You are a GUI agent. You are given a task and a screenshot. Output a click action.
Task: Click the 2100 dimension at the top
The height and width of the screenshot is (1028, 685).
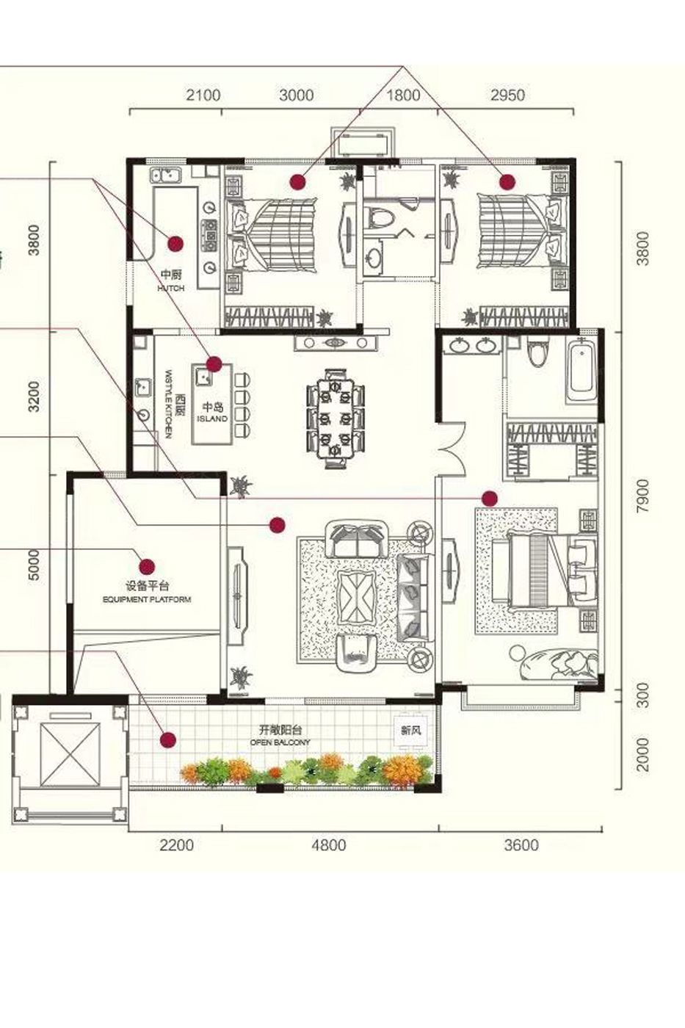pos(203,95)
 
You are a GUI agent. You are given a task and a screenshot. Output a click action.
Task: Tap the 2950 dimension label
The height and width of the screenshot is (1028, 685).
pos(507,95)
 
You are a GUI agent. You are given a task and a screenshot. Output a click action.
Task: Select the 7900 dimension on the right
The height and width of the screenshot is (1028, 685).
pos(643,496)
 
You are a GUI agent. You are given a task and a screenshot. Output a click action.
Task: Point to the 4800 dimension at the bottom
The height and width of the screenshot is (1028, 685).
pos(328,844)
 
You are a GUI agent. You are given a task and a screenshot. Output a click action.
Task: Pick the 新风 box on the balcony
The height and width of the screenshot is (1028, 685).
pos(409,731)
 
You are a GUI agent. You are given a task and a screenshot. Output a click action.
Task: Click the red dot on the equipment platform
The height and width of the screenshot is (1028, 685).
pos(147,566)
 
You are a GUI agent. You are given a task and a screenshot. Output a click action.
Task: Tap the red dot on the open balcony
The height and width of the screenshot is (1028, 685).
pos(168,739)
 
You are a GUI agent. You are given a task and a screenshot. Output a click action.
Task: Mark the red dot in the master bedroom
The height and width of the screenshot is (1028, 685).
pos(490,499)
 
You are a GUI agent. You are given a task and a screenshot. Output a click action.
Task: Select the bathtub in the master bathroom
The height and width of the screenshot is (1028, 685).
pos(584,371)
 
